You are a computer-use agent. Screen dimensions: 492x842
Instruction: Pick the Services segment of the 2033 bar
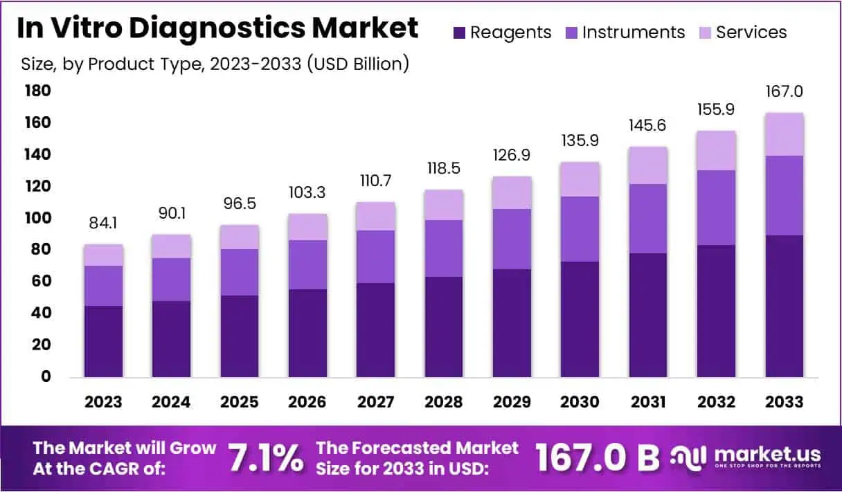point(785,134)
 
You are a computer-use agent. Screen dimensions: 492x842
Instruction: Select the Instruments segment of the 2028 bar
point(444,248)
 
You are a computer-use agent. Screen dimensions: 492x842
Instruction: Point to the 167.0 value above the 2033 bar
point(785,91)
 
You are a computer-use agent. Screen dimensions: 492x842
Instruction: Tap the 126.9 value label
point(512,155)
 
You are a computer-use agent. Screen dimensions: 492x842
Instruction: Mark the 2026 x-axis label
point(307,402)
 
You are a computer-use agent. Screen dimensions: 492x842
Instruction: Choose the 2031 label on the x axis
point(648,402)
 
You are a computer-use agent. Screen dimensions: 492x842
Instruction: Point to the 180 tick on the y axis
point(37,91)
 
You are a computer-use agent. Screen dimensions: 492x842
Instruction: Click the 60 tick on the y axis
point(41,281)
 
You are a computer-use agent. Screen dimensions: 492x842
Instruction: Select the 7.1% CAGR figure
point(265,457)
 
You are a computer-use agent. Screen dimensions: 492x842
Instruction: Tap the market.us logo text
point(767,454)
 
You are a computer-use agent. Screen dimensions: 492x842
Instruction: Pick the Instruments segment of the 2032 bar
point(717,208)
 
